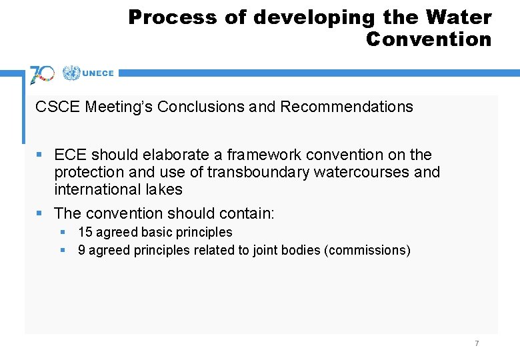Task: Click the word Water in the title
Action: point(461,17)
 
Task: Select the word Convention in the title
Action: point(428,39)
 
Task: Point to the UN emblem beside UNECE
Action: point(71,73)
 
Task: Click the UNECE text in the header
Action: point(98,74)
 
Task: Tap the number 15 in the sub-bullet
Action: point(85,233)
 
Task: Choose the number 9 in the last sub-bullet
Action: point(81,250)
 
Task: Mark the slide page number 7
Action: point(477,343)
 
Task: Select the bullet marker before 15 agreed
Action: point(63,233)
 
